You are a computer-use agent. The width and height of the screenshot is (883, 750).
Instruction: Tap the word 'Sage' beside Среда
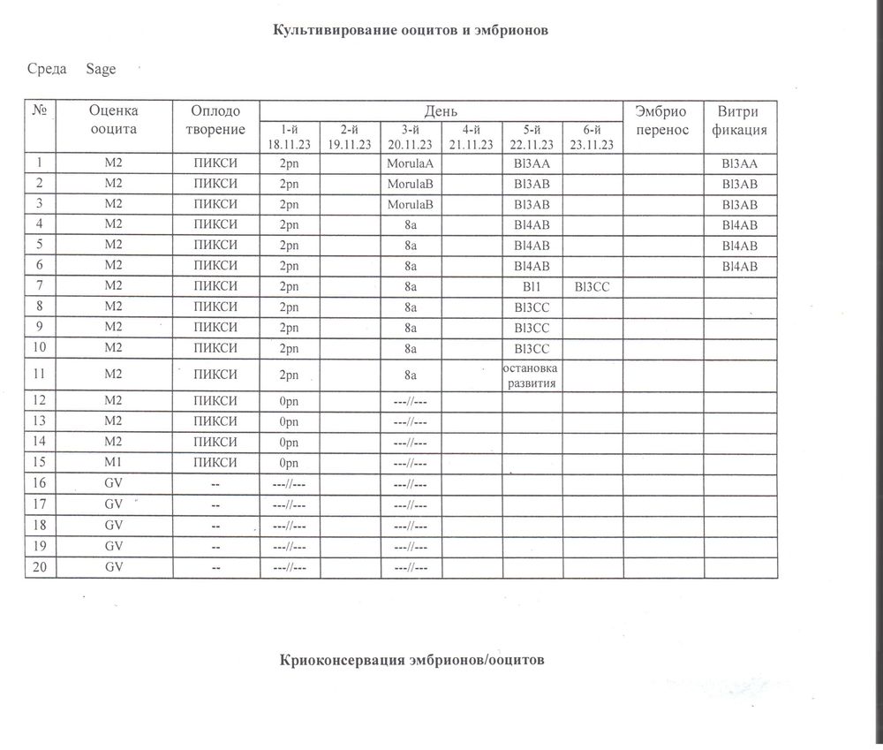pyautogui.click(x=101, y=69)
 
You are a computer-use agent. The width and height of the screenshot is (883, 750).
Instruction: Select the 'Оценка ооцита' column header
pyautogui.click(x=114, y=120)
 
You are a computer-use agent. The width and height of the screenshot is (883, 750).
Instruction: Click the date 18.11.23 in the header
pyautogui.click(x=290, y=145)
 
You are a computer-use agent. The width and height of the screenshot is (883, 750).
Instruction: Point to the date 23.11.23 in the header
pyautogui.click(x=592, y=145)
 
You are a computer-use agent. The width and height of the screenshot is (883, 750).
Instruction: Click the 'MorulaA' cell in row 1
pyautogui.click(x=411, y=163)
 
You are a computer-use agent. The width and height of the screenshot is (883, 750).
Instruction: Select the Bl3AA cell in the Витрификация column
pyautogui.click(x=739, y=163)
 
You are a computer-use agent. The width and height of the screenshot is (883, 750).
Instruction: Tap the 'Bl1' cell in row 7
pyautogui.click(x=532, y=287)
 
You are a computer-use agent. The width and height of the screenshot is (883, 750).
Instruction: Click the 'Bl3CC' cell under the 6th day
pyautogui.click(x=592, y=287)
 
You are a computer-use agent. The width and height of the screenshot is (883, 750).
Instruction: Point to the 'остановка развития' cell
pyautogui.click(x=532, y=375)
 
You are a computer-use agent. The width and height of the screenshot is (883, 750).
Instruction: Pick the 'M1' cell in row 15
pyautogui.click(x=113, y=463)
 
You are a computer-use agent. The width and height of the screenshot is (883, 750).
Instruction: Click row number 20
pyautogui.click(x=40, y=567)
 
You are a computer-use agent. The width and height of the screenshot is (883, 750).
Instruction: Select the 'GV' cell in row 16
pyautogui.click(x=113, y=484)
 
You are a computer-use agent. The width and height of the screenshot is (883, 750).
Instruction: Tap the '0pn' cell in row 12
pyautogui.click(x=290, y=400)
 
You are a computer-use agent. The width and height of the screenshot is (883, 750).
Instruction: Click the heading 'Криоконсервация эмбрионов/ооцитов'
pyautogui.click(x=413, y=660)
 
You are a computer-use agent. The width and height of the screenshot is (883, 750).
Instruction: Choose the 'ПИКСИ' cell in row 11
pyautogui.click(x=216, y=375)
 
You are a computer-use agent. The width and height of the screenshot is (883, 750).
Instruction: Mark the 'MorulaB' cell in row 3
pyautogui.click(x=411, y=205)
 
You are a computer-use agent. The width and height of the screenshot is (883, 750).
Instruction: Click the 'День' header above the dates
pyautogui.click(x=441, y=110)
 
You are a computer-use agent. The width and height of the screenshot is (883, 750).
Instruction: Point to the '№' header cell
pyautogui.click(x=40, y=110)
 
